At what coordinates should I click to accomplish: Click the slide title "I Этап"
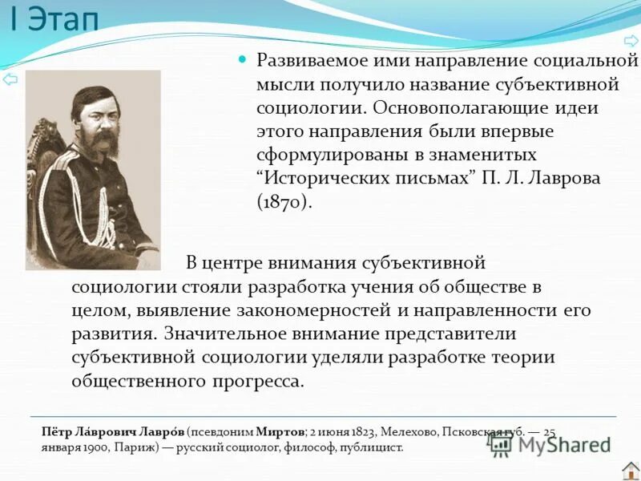[x=54, y=19]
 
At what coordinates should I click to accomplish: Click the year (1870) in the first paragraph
[x=284, y=201]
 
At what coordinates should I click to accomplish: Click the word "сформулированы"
[x=322, y=154]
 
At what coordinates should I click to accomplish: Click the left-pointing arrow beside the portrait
[x=10, y=79]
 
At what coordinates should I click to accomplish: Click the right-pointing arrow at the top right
[x=630, y=40]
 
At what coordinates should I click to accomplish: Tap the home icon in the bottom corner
[x=630, y=470]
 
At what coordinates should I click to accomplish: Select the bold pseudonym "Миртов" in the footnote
[x=286, y=431]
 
